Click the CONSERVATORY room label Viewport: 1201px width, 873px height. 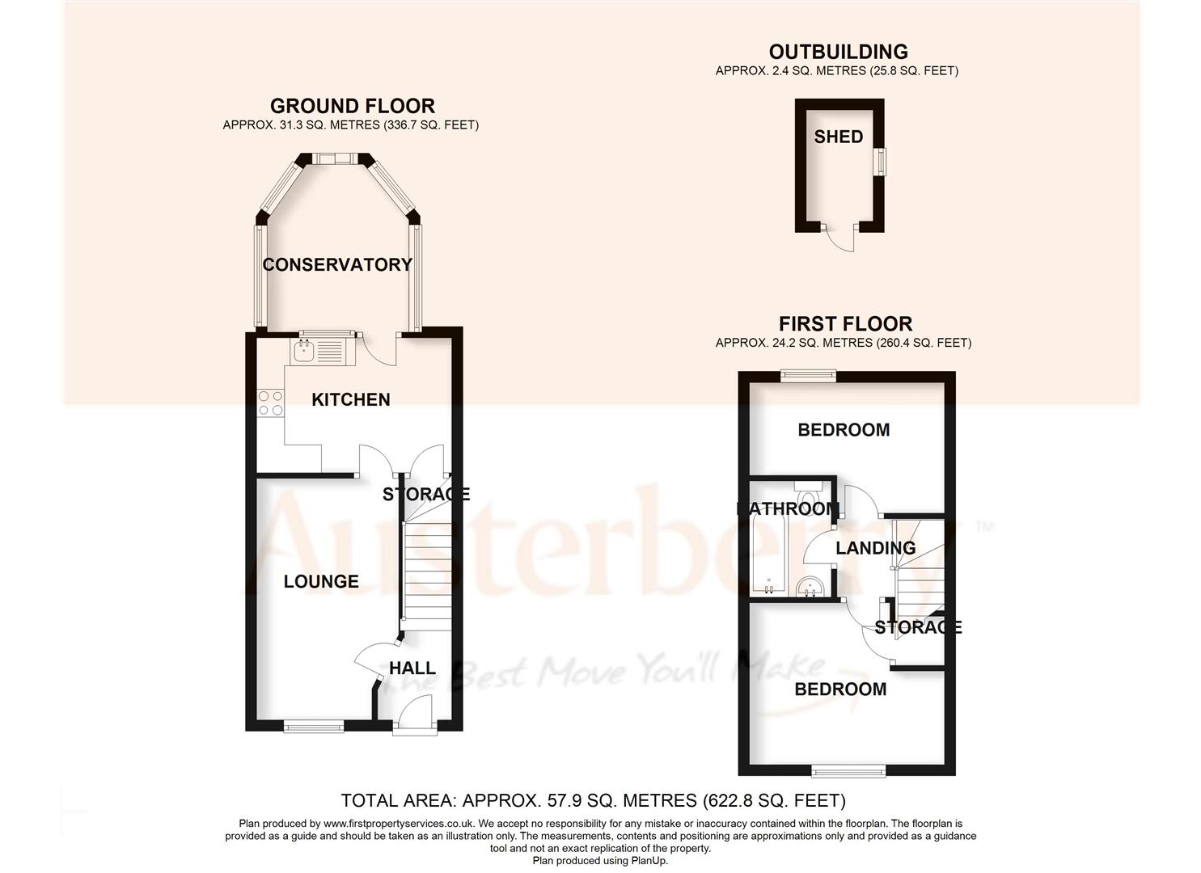click(337, 264)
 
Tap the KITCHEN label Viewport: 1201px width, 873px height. click(351, 399)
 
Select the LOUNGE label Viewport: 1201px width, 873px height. click(321, 581)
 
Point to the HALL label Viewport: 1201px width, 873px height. click(412, 668)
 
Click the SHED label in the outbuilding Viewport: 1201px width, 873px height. click(839, 137)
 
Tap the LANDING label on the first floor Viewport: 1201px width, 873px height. click(875, 548)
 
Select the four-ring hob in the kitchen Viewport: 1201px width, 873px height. click(270, 403)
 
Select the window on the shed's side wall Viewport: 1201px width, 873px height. click(883, 160)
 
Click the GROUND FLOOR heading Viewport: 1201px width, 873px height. click(352, 106)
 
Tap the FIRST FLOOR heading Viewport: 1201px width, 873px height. click(845, 324)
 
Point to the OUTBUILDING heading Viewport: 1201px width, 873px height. click(838, 53)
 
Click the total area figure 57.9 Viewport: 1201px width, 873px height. click(556, 801)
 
